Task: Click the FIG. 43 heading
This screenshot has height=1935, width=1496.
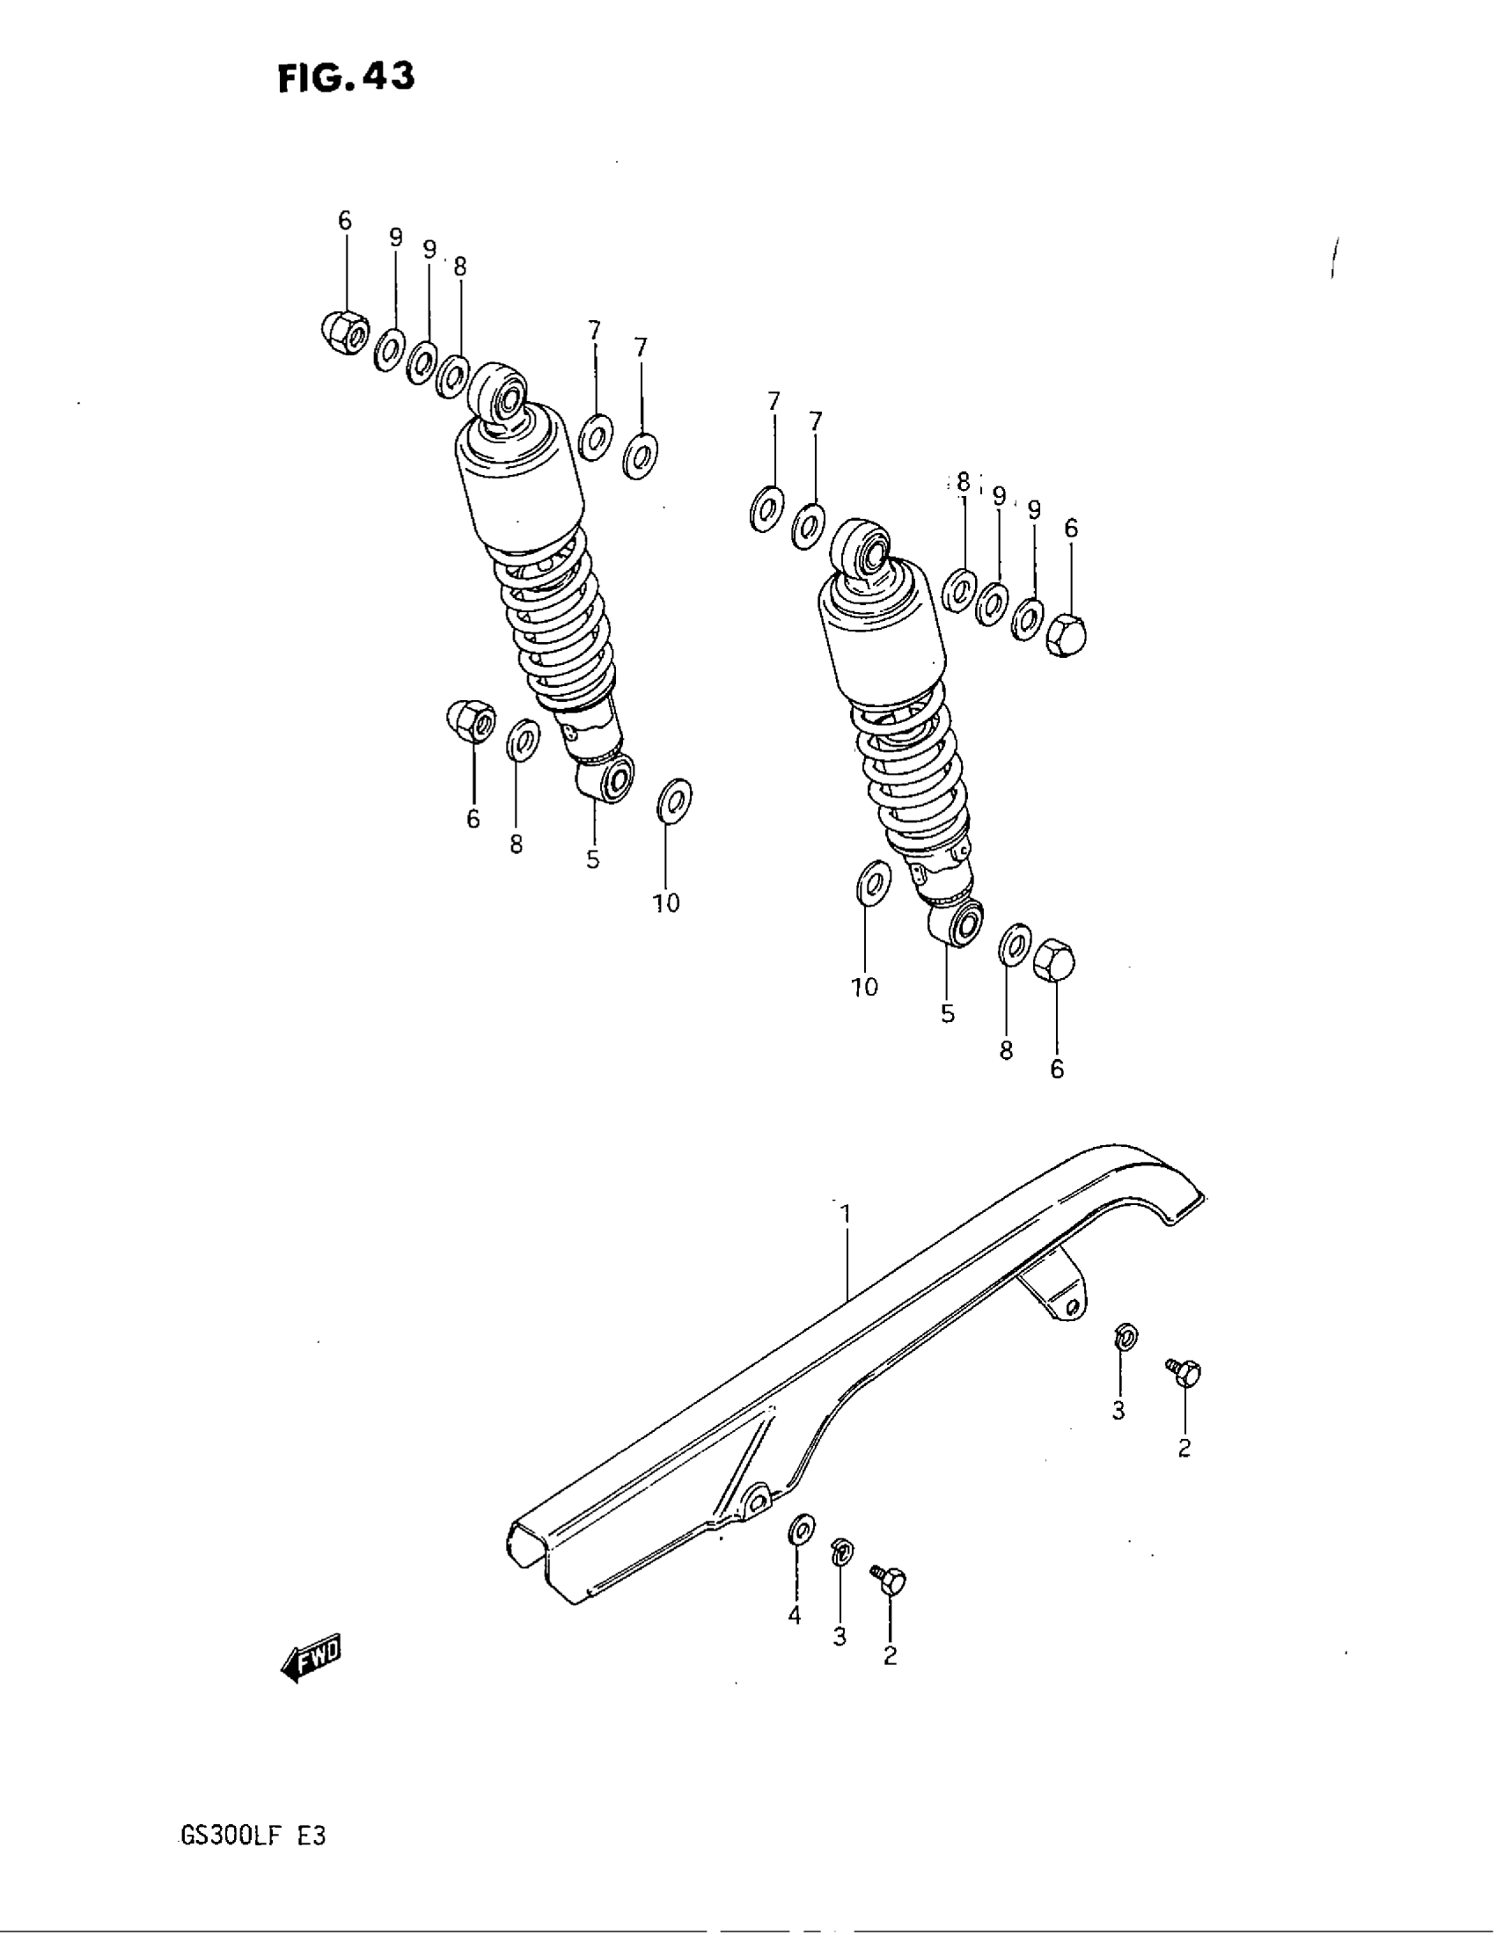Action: (x=345, y=79)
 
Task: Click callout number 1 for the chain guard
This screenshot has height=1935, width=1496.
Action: (x=846, y=1213)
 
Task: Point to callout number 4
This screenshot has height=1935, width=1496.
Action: (x=794, y=1615)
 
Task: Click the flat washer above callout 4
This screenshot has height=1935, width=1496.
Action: (x=802, y=1530)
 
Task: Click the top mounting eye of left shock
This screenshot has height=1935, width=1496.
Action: (x=501, y=390)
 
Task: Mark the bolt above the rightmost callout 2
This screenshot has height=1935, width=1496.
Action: (x=1186, y=1374)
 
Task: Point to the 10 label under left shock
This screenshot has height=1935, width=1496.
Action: (x=665, y=902)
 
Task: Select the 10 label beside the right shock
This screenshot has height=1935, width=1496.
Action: (x=864, y=986)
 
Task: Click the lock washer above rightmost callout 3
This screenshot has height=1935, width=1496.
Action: (x=1126, y=1336)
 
